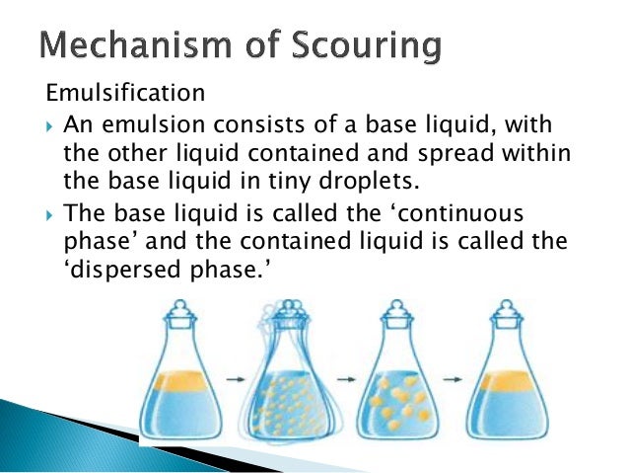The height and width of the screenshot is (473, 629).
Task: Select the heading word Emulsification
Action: (x=126, y=95)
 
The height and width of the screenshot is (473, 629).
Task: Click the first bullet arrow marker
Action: (x=51, y=128)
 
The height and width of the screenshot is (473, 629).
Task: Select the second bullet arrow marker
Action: (x=51, y=214)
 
